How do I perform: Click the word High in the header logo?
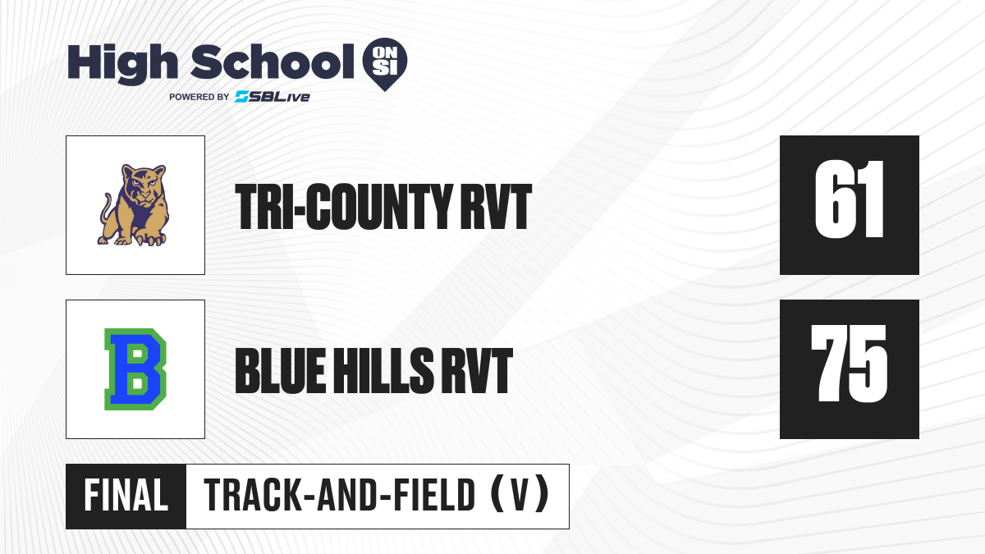pyautogui.click(x=122, y=63)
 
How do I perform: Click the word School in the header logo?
pyautogui.click(x=273, y=62)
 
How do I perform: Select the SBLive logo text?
pyautogui.click(x=273, y=97)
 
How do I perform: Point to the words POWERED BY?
pyautogui.click(x=199, y=97)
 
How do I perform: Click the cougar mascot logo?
pyautogui.click(x=134, y=205)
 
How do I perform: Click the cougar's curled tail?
pyautogui.click(x=107, y=208)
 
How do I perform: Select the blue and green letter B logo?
pyautogui.click(x=135, y=369)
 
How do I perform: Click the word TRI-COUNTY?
pyautogui.click(x=343, y=207)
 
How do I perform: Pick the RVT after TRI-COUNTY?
pyautogui.click(x=496, y=207)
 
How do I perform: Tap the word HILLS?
pyautogui.click(x=384, y=370)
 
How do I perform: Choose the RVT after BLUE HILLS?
pyautogui.click(x=477, y=370)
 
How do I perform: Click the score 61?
pyautogui.click(x=849, y=199)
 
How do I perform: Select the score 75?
pyautogui.click(x=849, y=364)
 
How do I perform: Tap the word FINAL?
pyautogui.click(x=126, y=496)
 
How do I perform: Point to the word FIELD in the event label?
pyautogui.click(x=434, y=496)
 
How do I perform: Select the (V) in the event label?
pyautogui.click(x=520, y=496)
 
